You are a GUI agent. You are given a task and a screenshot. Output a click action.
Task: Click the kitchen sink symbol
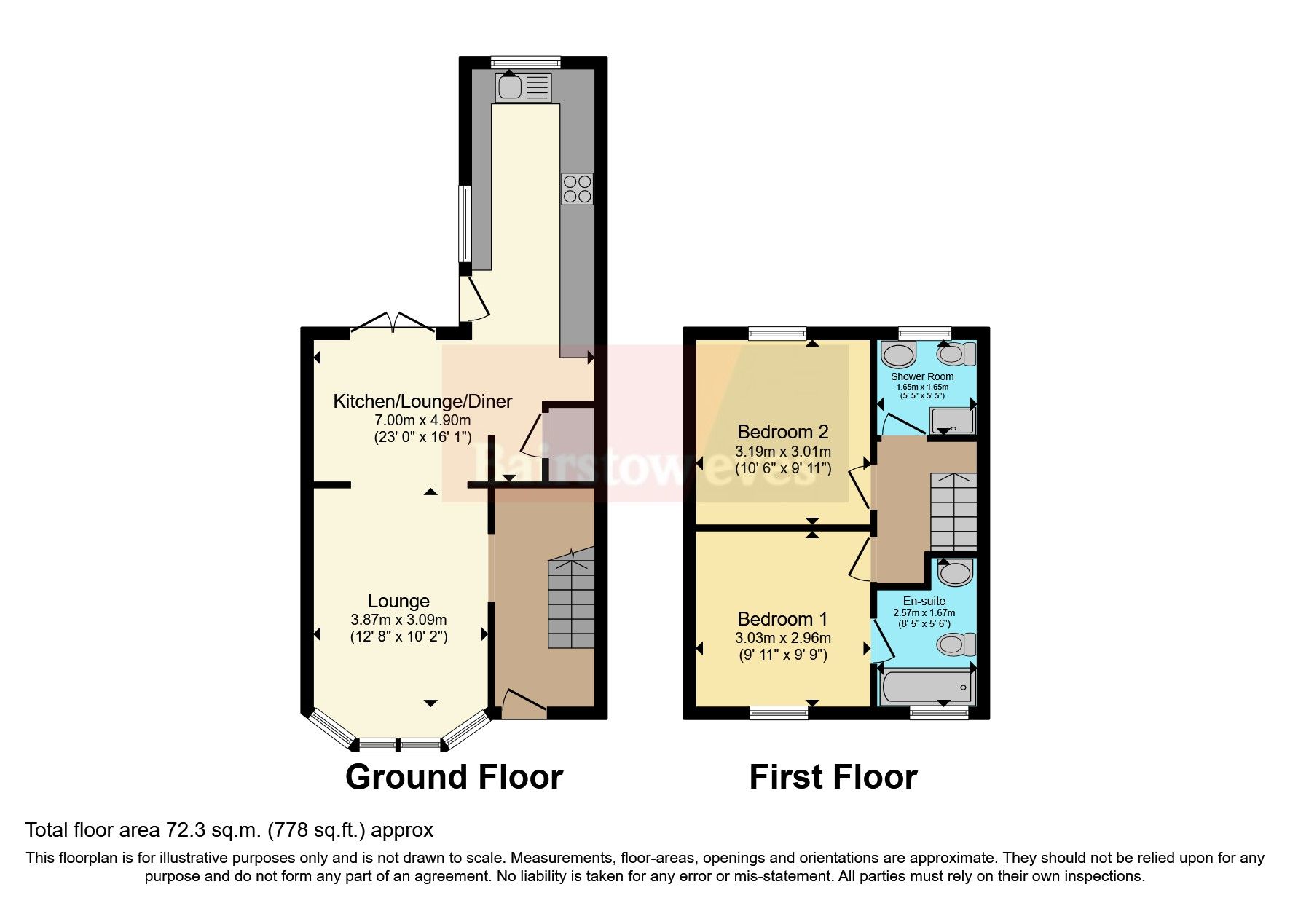point(524,87)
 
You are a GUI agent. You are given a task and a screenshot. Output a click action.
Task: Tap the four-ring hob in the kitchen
point(577,189)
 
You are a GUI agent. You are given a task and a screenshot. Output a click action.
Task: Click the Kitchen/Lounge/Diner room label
point(422,401)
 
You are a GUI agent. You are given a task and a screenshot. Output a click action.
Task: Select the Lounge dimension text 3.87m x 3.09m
point(398,620)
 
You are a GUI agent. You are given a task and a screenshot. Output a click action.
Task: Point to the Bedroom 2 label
point(783,432)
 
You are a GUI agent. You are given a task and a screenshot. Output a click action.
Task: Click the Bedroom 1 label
point(783,619)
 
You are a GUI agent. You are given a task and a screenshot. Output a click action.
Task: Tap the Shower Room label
point(922,376)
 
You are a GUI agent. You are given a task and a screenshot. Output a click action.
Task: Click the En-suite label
point(924,601)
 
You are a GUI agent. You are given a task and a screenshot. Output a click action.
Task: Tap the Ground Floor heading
point(454,777)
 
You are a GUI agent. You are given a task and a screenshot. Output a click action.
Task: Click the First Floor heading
point(833,777)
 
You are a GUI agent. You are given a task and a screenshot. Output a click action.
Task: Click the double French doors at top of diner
point(393,325)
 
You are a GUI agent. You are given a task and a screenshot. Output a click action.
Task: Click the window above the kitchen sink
point(526,62)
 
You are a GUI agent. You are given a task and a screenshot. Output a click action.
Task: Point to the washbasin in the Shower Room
point(897,355)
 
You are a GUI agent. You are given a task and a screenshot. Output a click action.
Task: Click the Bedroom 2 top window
point(778,334)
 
